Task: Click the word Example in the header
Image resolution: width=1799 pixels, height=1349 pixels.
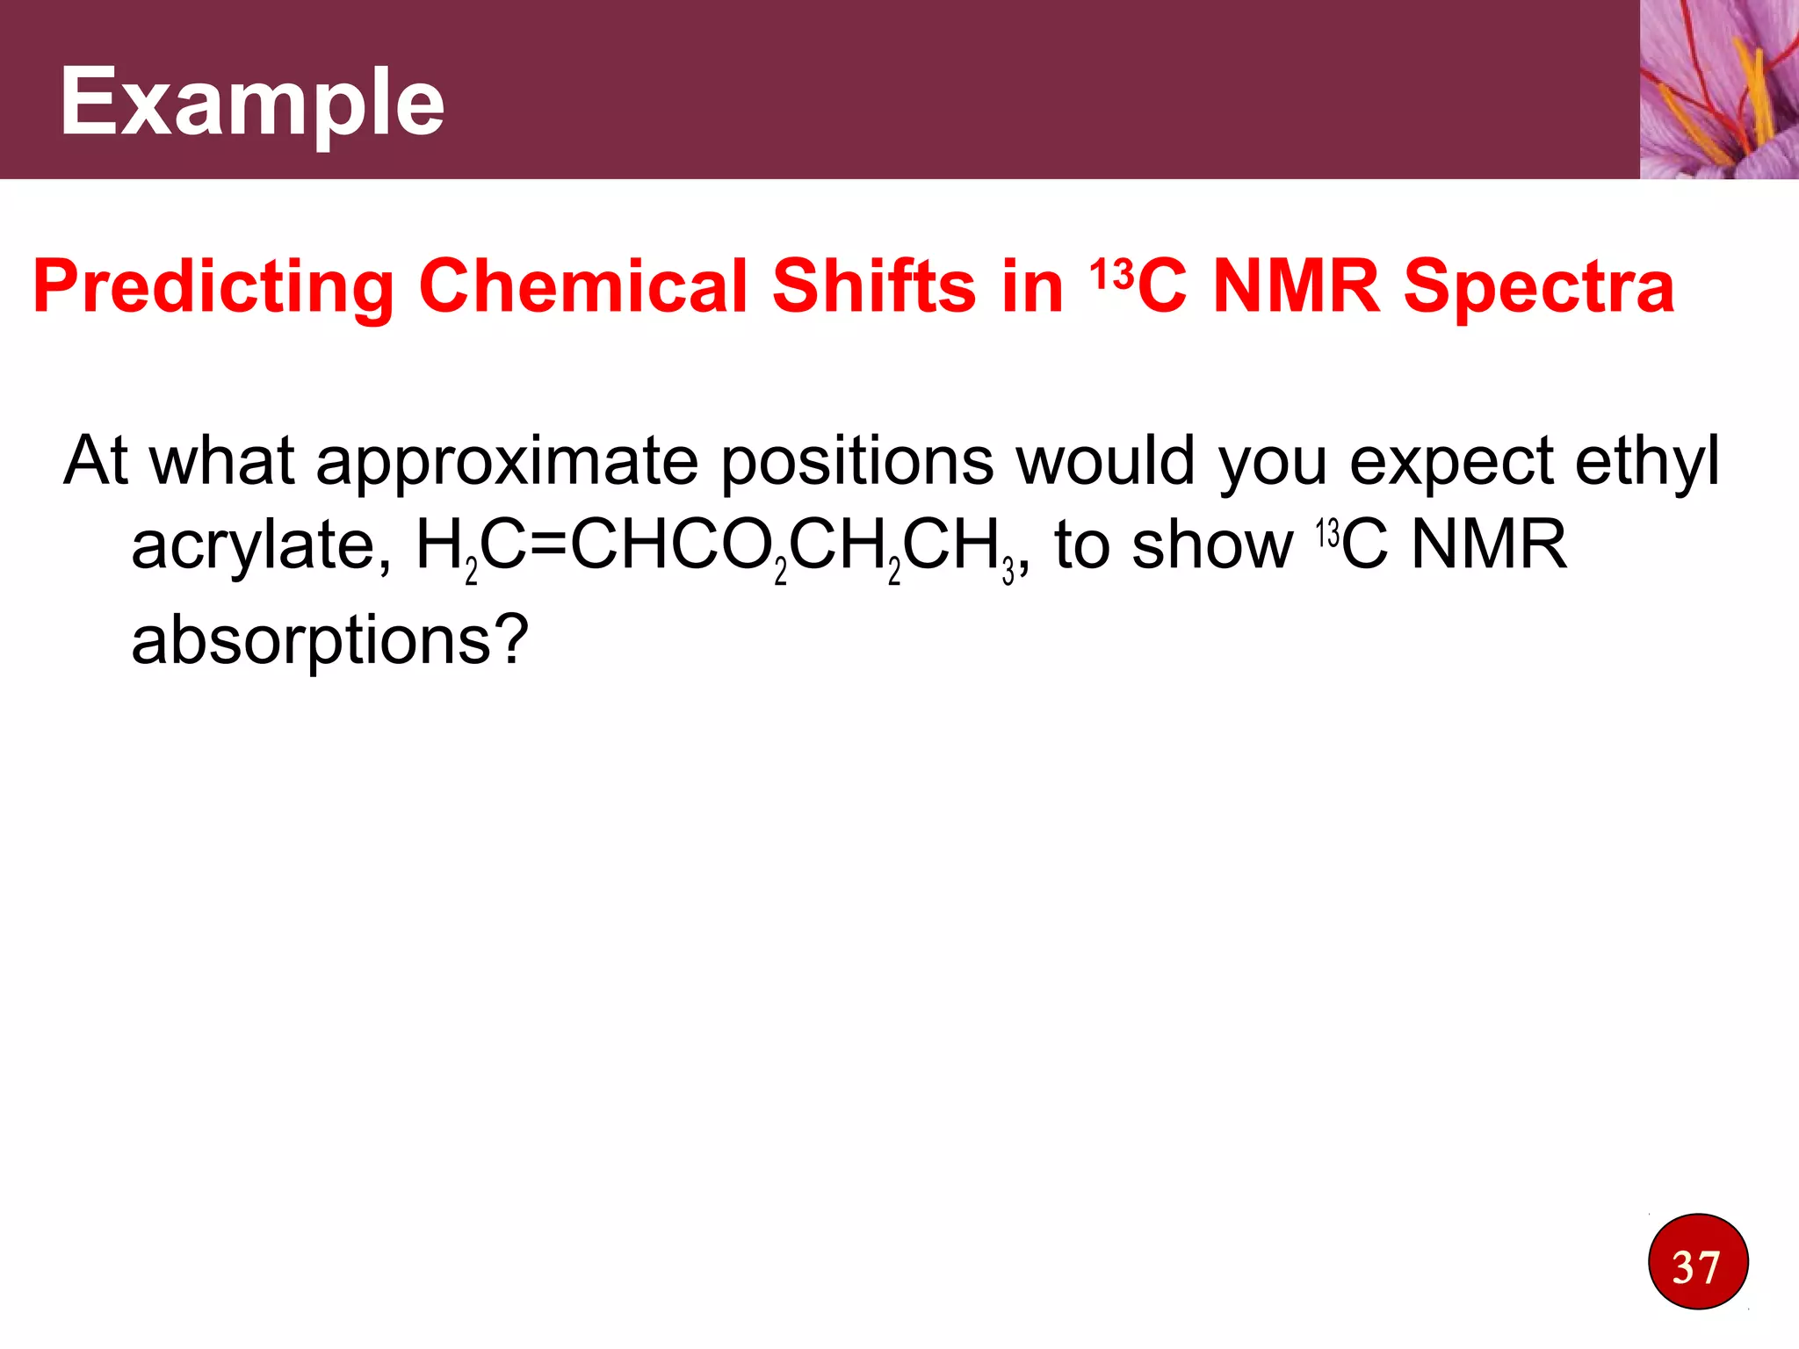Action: [x=251, y=104]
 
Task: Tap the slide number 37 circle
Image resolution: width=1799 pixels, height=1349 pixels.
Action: [x=1698, y=1262]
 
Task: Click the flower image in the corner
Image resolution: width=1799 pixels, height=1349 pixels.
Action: [x=1718, y=89]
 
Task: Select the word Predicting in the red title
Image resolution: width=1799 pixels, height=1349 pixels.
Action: [x=213, y=288]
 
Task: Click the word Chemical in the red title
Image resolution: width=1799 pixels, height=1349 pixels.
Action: [x=582, y=286]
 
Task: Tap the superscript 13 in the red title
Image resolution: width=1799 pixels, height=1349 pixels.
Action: [x=1112, y=273]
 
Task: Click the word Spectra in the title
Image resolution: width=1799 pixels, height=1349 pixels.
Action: [x=1538, y=288]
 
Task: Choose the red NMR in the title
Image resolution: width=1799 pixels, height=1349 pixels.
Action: [x=1296, y=286]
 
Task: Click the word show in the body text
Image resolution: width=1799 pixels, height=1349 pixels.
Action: [x=1212, y=546]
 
